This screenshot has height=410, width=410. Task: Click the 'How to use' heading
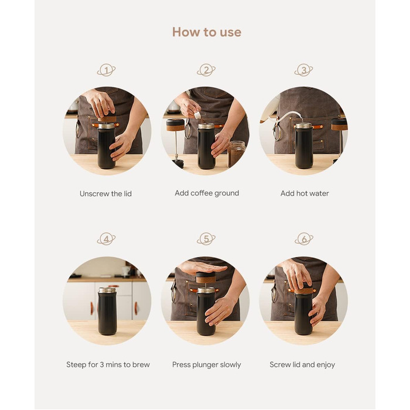(207, 32)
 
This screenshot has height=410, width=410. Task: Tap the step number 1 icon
(106, 70)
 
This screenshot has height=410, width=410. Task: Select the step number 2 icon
(206, 70)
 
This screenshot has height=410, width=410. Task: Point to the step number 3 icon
(303, 70)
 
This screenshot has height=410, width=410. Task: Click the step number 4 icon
(106, 239)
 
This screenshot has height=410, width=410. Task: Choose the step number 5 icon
(206, 239)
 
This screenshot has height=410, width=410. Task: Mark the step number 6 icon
(304, 239)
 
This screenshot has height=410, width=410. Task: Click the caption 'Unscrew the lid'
(105, 194)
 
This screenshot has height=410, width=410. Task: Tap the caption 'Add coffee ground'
(207, 193)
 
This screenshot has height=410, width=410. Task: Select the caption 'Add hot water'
(305, 193)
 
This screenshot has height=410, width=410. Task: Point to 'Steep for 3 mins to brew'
(108, 364)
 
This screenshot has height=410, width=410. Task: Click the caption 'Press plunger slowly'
(207, 365)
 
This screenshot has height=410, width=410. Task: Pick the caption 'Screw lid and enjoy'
(302, 365)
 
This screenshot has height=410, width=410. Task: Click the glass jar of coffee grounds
(236, 154)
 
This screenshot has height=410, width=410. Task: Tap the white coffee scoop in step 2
(197, 115)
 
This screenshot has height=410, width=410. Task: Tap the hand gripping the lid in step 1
(100, 103)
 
